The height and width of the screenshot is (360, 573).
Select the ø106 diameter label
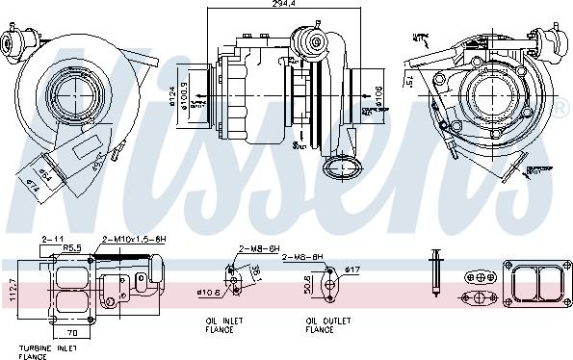(x=378, y=95)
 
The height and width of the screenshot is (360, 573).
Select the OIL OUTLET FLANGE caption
(x=324, y=325)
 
